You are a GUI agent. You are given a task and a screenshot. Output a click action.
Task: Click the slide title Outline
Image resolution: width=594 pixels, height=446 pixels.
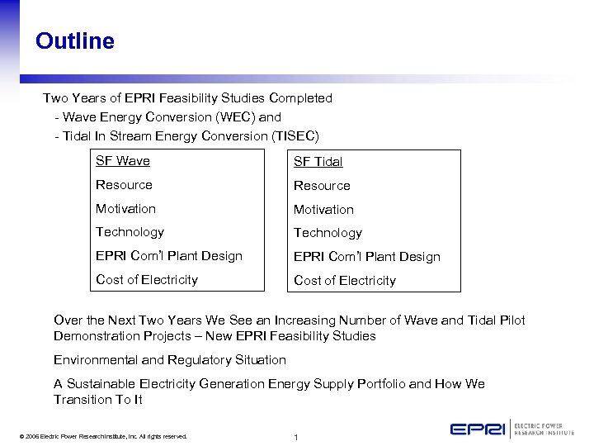(75, 41)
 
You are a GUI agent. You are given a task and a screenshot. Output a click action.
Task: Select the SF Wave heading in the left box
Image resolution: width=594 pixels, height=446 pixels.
(123, 161)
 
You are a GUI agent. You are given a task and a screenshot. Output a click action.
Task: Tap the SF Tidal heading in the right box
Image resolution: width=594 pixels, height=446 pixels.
(318, 162)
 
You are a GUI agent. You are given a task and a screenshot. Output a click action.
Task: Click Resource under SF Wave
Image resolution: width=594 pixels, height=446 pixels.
(124, 185)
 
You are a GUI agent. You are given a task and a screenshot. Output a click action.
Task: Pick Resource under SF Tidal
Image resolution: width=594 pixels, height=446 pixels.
(322, 186)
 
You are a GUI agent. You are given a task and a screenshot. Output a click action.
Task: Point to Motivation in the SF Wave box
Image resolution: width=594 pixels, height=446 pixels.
(125, 209)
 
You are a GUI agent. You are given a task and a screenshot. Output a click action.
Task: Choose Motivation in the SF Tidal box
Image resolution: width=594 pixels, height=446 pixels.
(323, 210)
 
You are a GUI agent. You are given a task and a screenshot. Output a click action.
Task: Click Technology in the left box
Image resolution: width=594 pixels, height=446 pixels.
(130, 232)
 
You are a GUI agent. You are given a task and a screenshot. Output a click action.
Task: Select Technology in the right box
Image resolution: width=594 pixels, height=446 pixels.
(328, 233)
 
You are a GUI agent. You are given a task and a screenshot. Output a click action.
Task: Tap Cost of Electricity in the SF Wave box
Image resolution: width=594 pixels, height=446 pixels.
(147, 279)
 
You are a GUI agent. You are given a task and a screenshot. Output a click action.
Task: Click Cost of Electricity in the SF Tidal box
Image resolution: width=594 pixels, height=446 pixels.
(345, 281)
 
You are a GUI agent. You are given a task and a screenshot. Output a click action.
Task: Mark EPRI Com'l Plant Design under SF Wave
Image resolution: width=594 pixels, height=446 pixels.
(169, 256)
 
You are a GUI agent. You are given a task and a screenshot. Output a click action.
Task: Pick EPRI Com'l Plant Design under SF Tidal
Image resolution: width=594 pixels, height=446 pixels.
(367, 257)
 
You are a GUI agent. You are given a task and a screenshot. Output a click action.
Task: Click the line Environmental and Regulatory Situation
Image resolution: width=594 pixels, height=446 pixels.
(170, 360)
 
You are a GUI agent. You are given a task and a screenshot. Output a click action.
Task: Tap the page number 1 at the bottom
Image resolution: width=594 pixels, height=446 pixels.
(295, 437)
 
